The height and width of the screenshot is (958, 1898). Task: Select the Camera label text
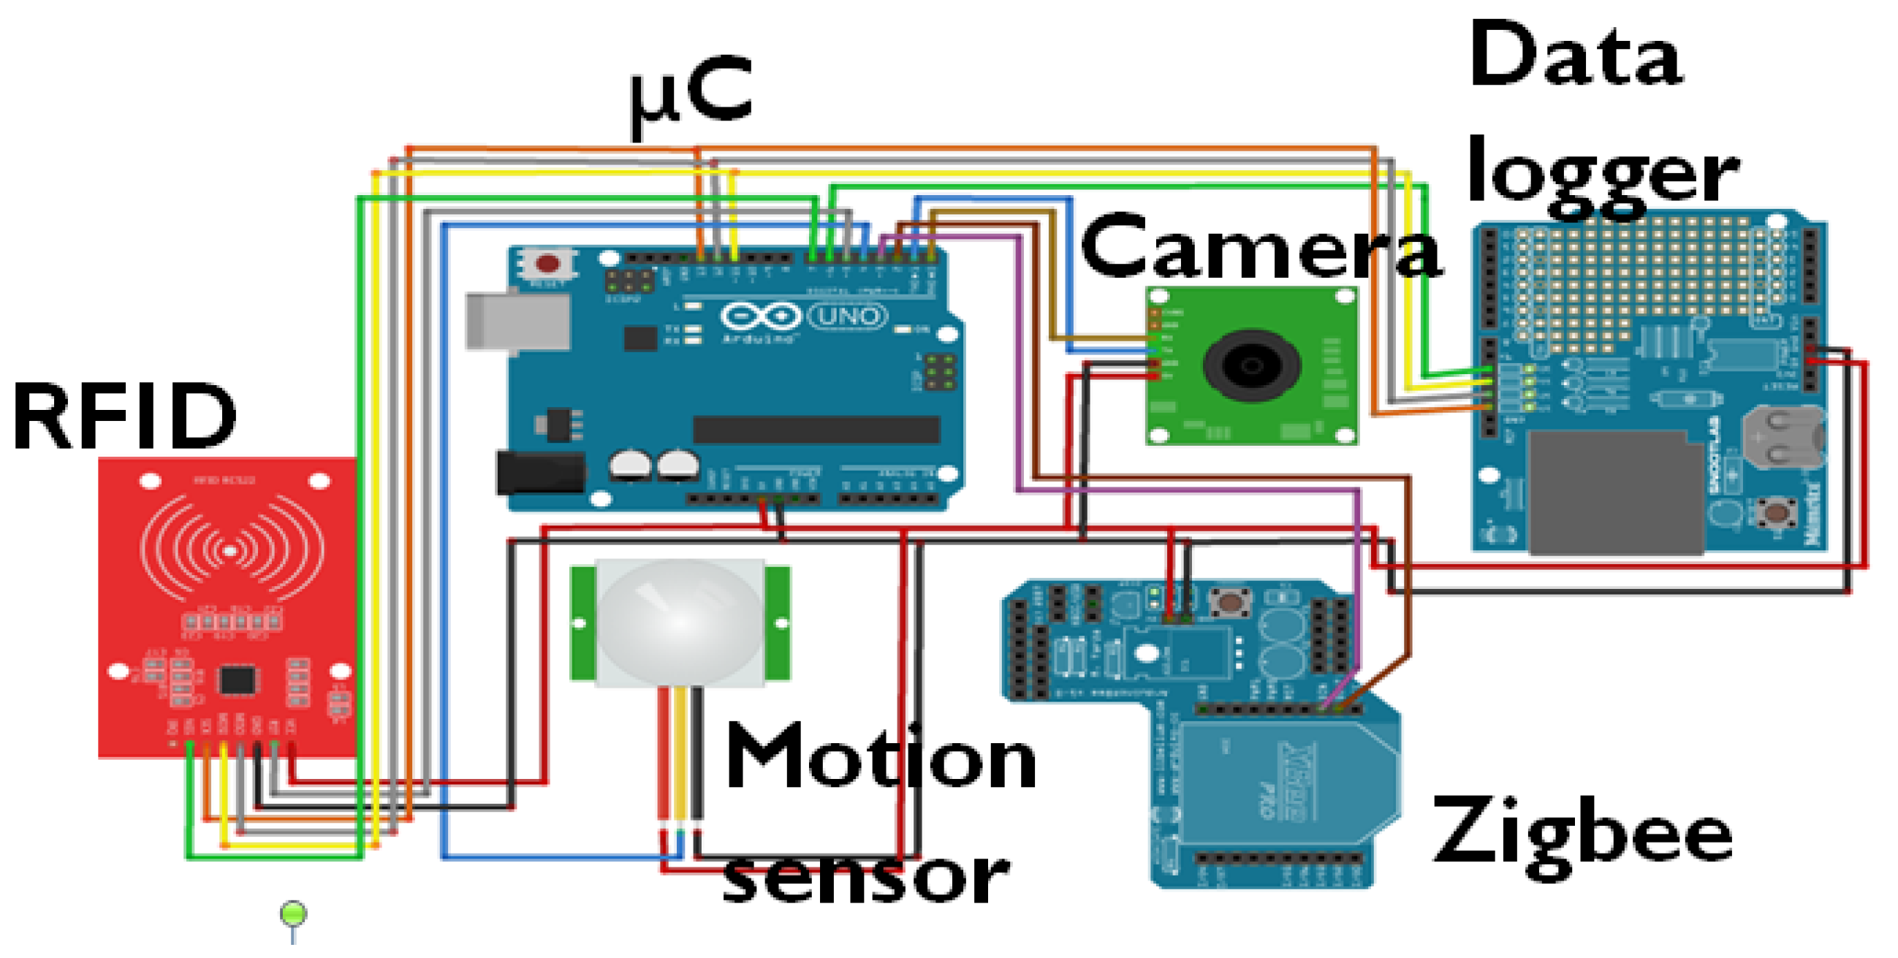tap(1260, 247)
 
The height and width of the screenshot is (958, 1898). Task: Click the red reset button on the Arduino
tap(547, 264)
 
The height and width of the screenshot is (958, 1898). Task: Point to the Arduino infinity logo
tap(760, 317)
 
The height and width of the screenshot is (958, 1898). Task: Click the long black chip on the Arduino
tap(816, 430)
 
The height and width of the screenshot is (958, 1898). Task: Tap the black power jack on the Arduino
tap(540, 472)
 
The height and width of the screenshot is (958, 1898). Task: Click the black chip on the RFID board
tap(238, 680)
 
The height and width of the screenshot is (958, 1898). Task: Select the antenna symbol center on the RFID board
tap(231, 550)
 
